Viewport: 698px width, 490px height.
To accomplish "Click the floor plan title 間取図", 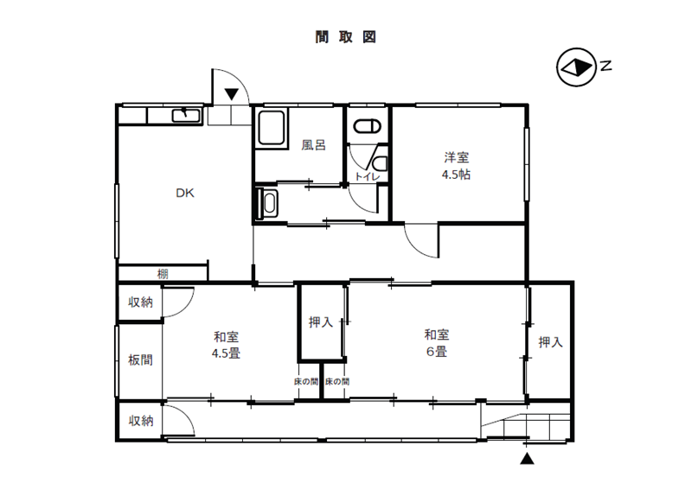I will pyautogui.click(x=345, y=38).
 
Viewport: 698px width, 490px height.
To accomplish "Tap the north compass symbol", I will pyautogui.click(x=573, y=66).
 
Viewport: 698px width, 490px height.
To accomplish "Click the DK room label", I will pyautogui.click(x=185, y=194).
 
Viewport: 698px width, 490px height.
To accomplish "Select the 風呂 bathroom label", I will pyautogui.click(x=313, y=145).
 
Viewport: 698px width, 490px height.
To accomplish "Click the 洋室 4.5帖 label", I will pyautogui.click(x=457, y=165).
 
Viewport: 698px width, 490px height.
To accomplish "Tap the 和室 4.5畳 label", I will pyautogui.click(x=227, y=345).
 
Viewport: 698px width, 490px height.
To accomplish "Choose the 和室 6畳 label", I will pyautogui.click(x=435, y=343).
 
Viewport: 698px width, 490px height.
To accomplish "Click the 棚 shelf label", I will pyautogui.click(x=163, y=274).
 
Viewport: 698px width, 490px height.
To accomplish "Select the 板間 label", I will pyautogui.click(x=140, y=360).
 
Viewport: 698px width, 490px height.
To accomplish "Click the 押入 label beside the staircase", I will pyautogui.click(x=550, y=342).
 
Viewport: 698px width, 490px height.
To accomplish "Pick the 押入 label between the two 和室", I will pyautogui.click(x=321, y=322).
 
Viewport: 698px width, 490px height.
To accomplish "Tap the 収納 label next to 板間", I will pyautogui.click(x=141, y=302).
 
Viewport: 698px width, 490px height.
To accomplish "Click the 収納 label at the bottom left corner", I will pyautogui.click(x=141, y=421).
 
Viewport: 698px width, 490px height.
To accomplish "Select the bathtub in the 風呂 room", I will pyautogui.click(x=272, y=128).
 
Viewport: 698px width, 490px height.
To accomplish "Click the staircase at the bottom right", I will pyautogui.click(x=525, y=426).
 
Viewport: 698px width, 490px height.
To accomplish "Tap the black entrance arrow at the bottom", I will pyautogui.click(x=527, y=460).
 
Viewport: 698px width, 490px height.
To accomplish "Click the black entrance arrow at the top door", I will pyautogui.click(x=232, y=93).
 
